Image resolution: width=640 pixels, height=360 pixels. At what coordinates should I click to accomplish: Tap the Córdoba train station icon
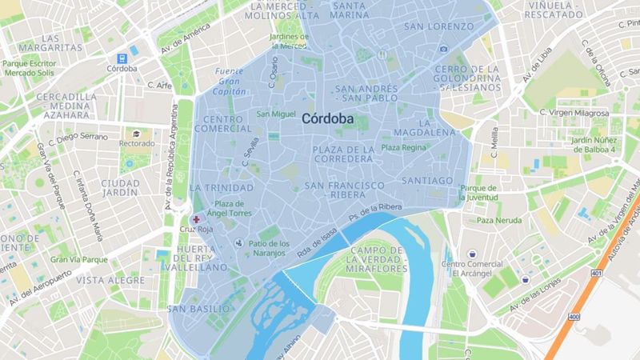(122, 58)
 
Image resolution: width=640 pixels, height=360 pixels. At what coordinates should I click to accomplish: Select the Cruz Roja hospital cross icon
(196, 218)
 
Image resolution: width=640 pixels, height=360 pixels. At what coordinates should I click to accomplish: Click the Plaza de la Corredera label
(343, 154)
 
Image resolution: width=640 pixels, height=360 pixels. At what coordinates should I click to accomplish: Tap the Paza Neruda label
(499, 220)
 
